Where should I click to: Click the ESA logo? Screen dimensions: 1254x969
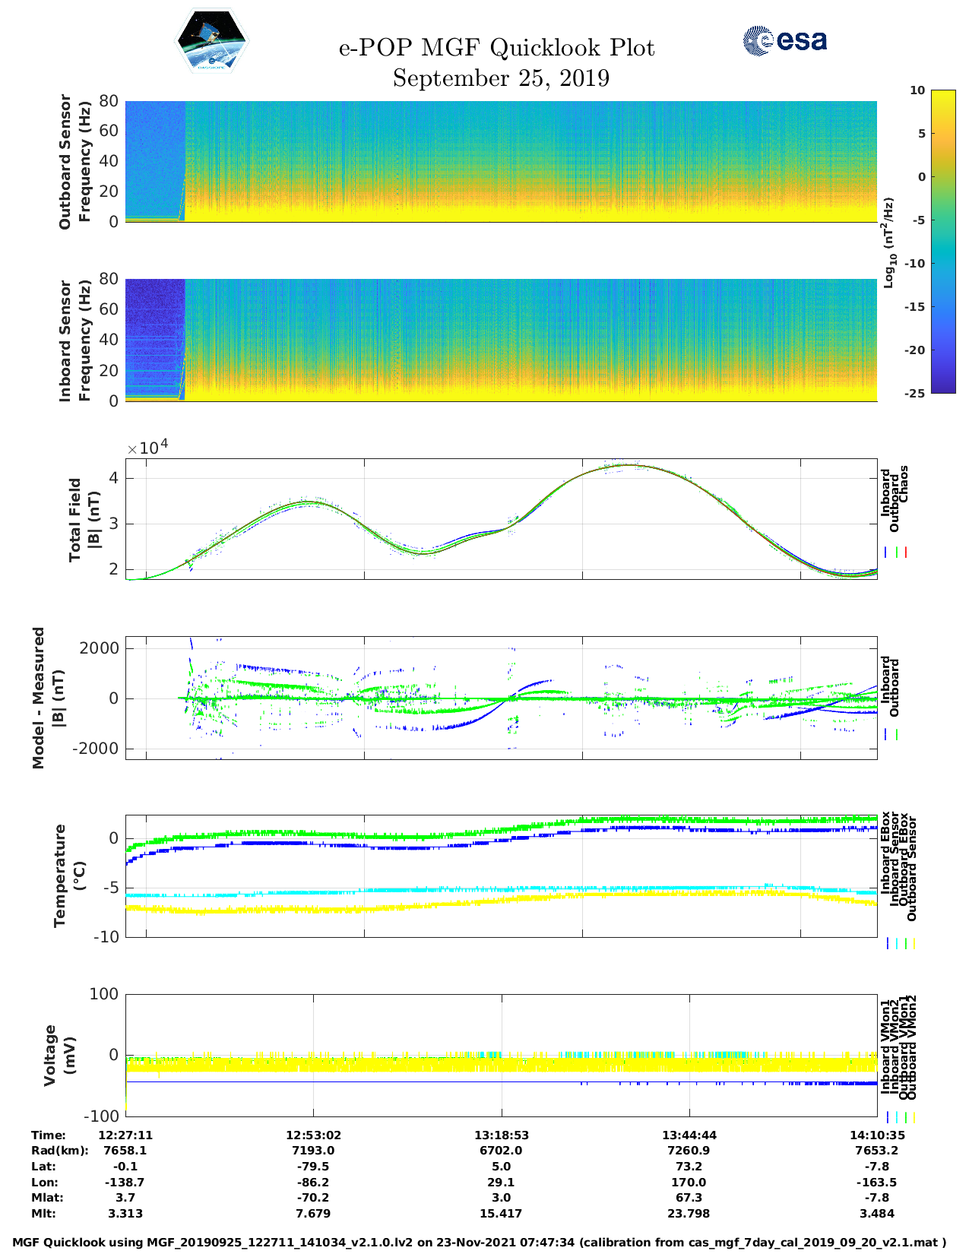[x=784, y=40]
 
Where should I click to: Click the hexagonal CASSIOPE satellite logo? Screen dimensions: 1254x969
[x=212, y=41]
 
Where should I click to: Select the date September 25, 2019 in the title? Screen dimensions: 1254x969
[x=501, y=78]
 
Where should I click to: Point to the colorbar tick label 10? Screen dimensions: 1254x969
[x=917, y=90]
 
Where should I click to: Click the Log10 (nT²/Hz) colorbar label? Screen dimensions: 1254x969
[x=888, y=242]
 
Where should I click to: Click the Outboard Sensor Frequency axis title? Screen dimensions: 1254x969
[x=74, y=161]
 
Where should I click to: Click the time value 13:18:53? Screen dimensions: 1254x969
[x=501, y=1135]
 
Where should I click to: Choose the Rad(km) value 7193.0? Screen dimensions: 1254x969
[x=313, y=1151]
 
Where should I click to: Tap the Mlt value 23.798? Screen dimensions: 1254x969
[x=689, y=1214]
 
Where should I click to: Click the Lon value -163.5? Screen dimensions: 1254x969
[x=876, y=1183]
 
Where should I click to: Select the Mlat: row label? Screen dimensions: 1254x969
[x=47, y=1198]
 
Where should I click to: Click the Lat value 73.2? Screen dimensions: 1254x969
[x=689, y=1167]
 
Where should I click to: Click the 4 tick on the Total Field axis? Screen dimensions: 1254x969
[x=112, y=478]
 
